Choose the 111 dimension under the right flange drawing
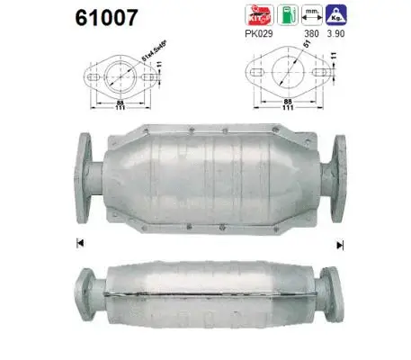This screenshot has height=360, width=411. click(288, 111)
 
